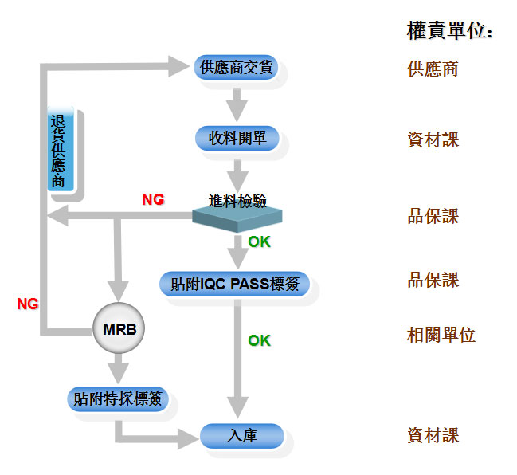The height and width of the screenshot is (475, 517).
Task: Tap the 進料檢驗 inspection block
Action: (x=237, y=210)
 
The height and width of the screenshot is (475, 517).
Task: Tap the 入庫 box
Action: (x=241, y=435)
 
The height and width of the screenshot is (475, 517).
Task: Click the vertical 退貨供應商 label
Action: (x=59, y=150)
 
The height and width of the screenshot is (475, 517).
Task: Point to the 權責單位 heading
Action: (x=449, y=31)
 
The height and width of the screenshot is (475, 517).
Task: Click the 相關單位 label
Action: (x=441, y=335)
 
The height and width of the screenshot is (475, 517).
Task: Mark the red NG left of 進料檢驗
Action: (x=153, y=200)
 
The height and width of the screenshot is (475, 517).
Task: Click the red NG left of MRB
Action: (x=28, y=304)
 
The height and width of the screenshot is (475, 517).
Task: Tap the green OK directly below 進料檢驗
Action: (x=259, y=241)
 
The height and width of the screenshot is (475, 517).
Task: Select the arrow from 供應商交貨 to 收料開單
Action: (x=236, y=103)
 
